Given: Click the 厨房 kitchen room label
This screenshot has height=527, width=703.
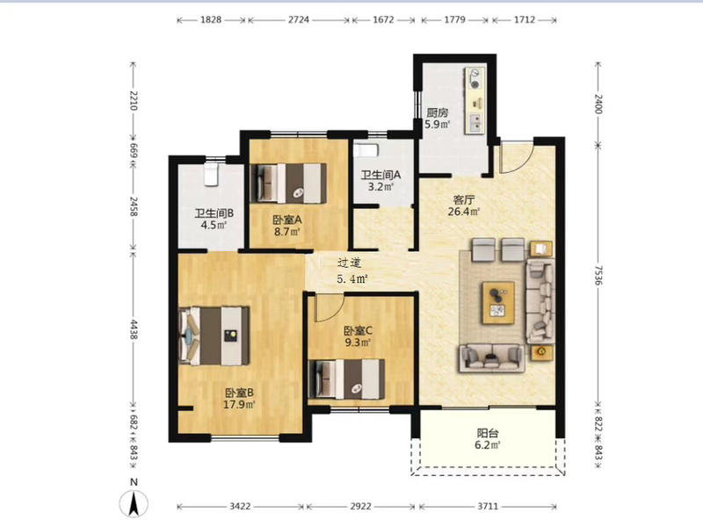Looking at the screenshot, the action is point(437,112).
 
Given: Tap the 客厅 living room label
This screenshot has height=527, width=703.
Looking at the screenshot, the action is point(464,199).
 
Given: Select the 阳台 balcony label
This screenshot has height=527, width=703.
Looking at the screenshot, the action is point(488,433).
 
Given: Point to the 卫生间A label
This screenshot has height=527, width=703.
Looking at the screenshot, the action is point(380,175).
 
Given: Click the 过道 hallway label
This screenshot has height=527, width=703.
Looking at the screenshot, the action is point(349,263).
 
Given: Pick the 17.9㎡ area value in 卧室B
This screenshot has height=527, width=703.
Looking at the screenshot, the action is point(239,405).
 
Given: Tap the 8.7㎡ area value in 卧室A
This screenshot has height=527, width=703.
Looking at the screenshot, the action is point(287,232).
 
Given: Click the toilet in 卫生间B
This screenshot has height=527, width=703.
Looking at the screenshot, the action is point(211,174).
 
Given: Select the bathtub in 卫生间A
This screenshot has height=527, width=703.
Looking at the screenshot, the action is point(366,149).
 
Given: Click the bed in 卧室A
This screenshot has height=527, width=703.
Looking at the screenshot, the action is point(288,184).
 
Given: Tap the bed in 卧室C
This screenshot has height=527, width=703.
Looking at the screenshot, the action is point(347,379).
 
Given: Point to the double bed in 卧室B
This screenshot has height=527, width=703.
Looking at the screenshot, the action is point(214,336).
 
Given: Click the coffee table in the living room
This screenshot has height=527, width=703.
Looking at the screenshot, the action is point(498,302).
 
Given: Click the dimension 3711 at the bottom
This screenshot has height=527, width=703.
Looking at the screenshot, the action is point(488,507).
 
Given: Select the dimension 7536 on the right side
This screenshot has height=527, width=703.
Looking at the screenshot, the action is point(598,275).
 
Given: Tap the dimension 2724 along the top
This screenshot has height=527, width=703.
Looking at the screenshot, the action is point(299,19).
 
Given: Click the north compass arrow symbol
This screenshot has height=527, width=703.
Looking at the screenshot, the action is point(134,502).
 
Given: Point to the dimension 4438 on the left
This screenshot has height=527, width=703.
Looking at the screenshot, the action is point(134,329).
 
